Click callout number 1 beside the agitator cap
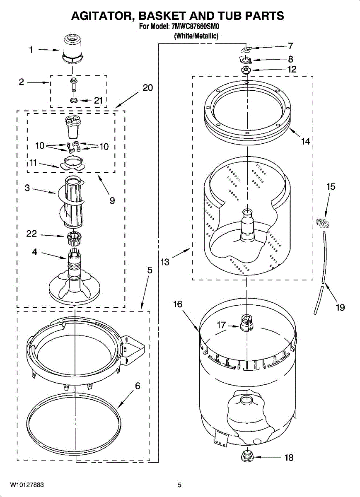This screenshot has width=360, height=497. tap(31, 50)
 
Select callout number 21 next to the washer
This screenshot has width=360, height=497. tap(98, 100)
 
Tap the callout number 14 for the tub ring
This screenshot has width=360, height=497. tap(305, 142)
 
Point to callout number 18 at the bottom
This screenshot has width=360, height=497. tap(288, 458)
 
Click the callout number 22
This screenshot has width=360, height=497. tap(31, 234)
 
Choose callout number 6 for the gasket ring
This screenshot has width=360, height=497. tap(138, 386)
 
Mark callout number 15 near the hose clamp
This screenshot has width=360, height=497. tap(331, 187)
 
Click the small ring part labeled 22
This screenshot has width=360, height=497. tap(73, 239)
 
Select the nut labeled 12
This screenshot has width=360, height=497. tap(246, 70)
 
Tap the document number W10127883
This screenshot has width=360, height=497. tap(27, 485)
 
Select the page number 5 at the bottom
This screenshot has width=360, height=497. tap(179, 485)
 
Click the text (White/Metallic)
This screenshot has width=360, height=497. tap(196, 36)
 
